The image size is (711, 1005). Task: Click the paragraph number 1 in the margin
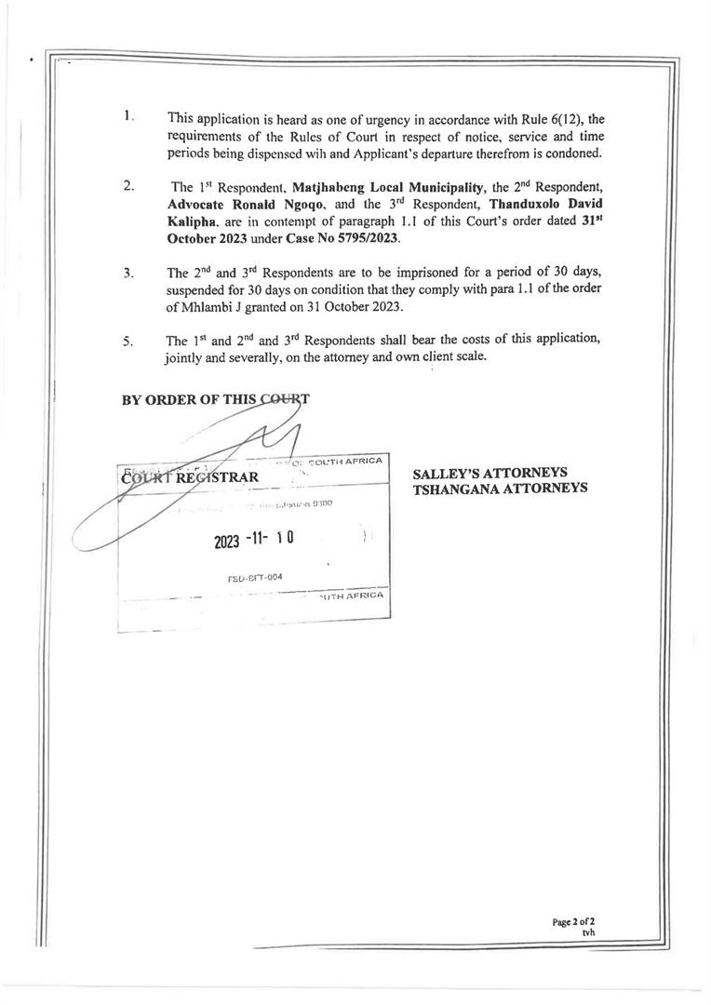[x=127, y=117]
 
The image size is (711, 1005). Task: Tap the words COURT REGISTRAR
[x=189, y=478]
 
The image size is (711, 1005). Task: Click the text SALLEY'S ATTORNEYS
[x=490, y=473]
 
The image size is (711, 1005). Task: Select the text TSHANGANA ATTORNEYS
[x=500, y=489]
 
